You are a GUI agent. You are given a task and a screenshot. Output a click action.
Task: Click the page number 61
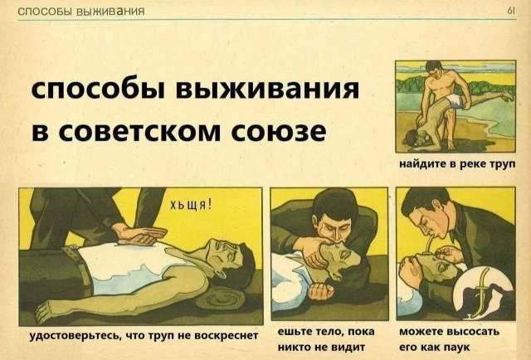[511, 11]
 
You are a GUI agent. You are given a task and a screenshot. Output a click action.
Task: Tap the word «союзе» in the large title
[278, 131]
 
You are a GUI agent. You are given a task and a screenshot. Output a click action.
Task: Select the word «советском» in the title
[139, 131]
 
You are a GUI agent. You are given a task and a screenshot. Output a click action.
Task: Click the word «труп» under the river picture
[503, 164]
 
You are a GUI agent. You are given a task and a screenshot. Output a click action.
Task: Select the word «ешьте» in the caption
[294, 331]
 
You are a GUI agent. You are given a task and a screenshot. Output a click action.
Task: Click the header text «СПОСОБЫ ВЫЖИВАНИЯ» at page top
[81, 12]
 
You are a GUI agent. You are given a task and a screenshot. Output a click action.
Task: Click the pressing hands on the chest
[140, 235]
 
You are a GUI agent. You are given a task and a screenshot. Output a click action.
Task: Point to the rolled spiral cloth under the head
[221, 299]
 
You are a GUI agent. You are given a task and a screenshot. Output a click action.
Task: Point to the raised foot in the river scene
[507, 95]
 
